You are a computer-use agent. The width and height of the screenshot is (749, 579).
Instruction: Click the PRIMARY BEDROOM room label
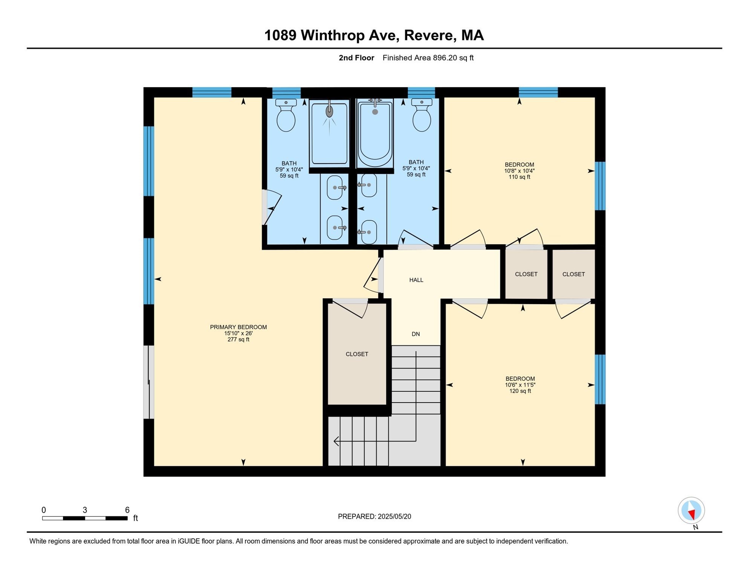pos(238,327)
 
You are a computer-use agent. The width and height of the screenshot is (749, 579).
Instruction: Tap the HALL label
pos(416,280)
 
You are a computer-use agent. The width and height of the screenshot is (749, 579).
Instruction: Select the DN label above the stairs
pos(416,334)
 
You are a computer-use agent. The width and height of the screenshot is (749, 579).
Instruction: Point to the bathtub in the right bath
pos(375,133)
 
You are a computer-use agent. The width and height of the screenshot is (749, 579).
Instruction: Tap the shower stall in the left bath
pos(330,133)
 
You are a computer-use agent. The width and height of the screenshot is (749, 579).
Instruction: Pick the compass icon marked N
pos(691,511)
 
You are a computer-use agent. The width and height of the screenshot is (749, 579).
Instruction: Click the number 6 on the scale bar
pos(127,510)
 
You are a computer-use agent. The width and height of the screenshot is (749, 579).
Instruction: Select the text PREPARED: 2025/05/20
pos(374,516)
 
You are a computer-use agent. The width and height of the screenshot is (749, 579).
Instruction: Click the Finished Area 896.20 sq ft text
pos(428,58)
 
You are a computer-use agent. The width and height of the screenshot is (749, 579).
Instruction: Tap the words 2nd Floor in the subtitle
pos(356,58)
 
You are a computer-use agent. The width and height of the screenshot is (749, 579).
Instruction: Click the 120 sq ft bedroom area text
pos(520,391)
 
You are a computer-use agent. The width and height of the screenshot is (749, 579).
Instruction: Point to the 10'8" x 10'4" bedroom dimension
pos(520,171)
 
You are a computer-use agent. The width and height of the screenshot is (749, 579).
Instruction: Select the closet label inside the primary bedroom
pos(357,354)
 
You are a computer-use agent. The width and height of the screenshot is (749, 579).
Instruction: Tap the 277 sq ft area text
pos(238,339)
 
